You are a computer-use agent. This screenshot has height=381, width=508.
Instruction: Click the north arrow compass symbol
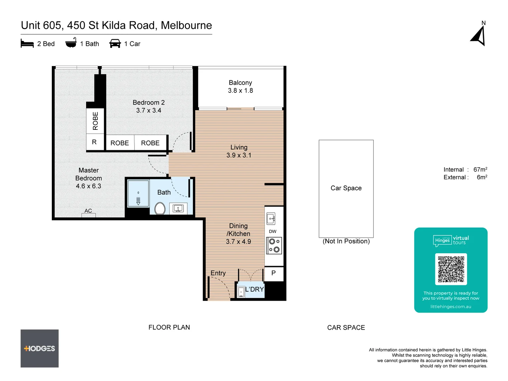(x=479, y=36)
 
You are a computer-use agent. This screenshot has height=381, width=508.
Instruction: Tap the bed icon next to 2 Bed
(x=27, y=44)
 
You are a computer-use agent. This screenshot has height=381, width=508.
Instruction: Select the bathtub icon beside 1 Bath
(x=71, y=43)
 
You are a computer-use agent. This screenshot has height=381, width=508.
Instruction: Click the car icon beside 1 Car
(x=115, y=44)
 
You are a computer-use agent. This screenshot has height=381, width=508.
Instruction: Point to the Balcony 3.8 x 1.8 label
(x=240, y=86)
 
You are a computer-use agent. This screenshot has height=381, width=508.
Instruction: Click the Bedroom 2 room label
(x=149, y=106)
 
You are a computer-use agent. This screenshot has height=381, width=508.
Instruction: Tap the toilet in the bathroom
(x=160, y=208)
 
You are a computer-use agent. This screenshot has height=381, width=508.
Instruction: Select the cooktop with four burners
(x=274, y=246)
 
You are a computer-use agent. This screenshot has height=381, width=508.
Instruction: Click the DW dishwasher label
(x=273, y=231)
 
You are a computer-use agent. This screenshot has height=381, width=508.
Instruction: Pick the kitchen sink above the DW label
(x=271, y=219)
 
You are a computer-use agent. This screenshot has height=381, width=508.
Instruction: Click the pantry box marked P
(x=274, y=273)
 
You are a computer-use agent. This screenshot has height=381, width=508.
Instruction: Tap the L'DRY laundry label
(x=254, y=289)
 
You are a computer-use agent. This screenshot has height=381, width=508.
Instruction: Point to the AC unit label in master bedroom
(x=88, y=211)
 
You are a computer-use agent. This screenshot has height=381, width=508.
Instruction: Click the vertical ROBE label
(x=95, y=121)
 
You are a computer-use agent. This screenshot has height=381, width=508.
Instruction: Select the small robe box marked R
(x=95, y=142)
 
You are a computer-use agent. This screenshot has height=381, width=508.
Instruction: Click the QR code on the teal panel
(x=451, y=269)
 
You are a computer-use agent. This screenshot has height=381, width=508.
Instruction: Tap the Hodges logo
(x=40, y=349)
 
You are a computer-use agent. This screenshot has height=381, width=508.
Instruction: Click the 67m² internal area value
(x=480, y=170)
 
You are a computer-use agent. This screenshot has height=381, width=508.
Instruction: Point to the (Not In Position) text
(x=346, y=241)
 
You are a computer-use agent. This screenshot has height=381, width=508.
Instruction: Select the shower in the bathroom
(x=138, y=193)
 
